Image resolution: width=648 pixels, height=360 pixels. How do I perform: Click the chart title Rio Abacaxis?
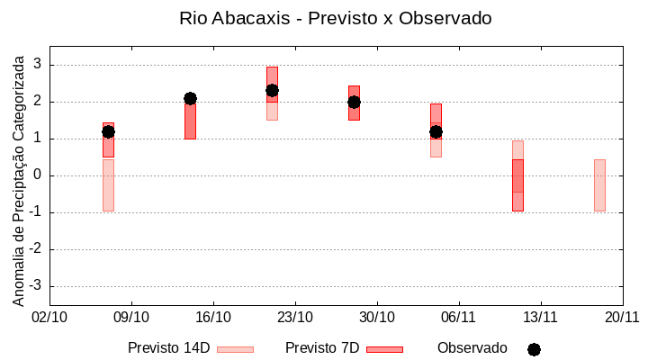(x=335, y=18)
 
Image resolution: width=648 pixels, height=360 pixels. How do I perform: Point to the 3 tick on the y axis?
(x=38, y=65)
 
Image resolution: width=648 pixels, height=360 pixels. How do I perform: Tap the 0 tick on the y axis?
(x=38, y=175)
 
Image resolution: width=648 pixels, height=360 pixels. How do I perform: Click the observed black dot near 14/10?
(x=190, y=98)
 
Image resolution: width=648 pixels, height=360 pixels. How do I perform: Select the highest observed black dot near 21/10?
(x=272, y=90)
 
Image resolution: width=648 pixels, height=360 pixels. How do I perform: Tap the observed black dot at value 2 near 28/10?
(x=354, y=102)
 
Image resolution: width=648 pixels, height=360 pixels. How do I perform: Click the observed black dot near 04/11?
(x=436, y=131)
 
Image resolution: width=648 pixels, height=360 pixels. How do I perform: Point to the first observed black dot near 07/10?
(x=108, y=131)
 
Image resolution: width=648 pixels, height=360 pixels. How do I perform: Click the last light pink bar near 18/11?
(x=599, y=184)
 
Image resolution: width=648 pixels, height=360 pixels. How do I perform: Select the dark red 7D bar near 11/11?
(x=517, y=184)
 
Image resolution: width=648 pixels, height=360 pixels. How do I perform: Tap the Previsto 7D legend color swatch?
(x=384, y=348)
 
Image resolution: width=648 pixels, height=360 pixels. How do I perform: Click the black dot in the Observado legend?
(x=534, y=349)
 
